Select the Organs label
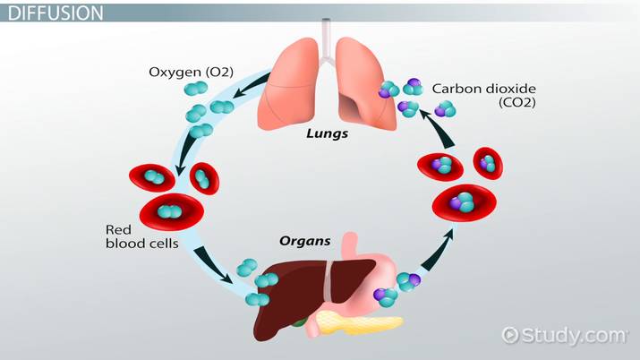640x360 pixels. coord(305,241)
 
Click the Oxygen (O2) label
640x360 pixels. coord(191,68)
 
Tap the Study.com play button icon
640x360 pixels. coord(511,335)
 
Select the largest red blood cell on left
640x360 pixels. coord(168,211)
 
